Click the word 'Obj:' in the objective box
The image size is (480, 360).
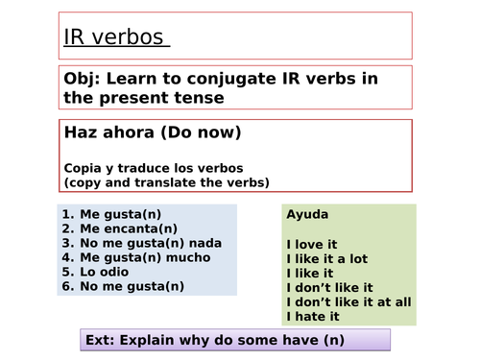(x=84, y=79)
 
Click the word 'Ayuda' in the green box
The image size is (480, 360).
(x=307, y=215)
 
